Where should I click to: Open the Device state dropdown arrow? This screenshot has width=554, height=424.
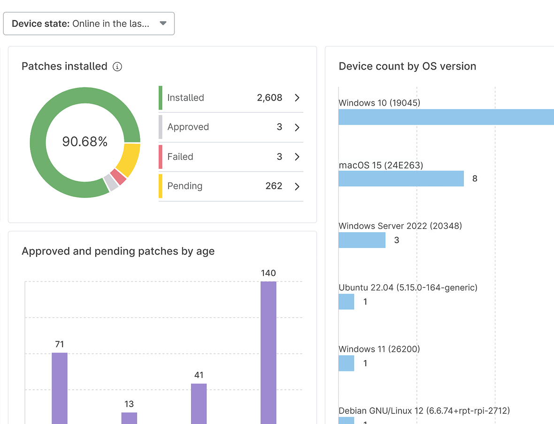pos(163,24)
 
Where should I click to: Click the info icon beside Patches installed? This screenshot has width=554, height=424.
pos(117,67)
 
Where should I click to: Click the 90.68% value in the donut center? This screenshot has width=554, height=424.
pos(85,141)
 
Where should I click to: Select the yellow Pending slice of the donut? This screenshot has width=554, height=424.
pos(129,159)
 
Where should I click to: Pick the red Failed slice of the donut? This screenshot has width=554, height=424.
pos(119,177)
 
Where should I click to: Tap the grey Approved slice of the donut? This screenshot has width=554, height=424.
pos(111,182)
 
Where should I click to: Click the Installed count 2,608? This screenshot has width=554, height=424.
pos(269,98)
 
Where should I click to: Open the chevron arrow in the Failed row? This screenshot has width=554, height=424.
pos(297,157)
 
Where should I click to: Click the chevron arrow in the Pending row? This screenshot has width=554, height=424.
pos(297,187)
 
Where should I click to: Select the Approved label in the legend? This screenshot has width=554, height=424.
pos(188,127)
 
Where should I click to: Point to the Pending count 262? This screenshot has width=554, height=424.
pos(274,186)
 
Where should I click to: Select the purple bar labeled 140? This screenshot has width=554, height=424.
pos(269,353)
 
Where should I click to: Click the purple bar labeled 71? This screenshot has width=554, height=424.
pos(60,388)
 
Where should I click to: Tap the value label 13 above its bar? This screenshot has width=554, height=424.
pos(129,404)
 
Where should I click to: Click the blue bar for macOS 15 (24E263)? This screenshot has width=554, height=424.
pos(401,179)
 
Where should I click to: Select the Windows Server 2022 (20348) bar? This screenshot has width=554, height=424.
pos(362,240)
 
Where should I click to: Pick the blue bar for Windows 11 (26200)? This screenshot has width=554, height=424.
pos(346,363)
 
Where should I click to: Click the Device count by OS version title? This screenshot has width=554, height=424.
pos(407,66)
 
